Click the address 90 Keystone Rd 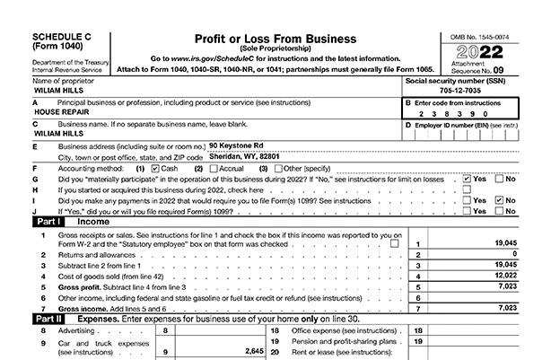[236, 144]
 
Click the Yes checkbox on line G [468, 178]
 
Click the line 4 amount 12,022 [503, 276]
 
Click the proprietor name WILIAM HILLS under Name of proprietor [59, 90]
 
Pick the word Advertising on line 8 [77, 330]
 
